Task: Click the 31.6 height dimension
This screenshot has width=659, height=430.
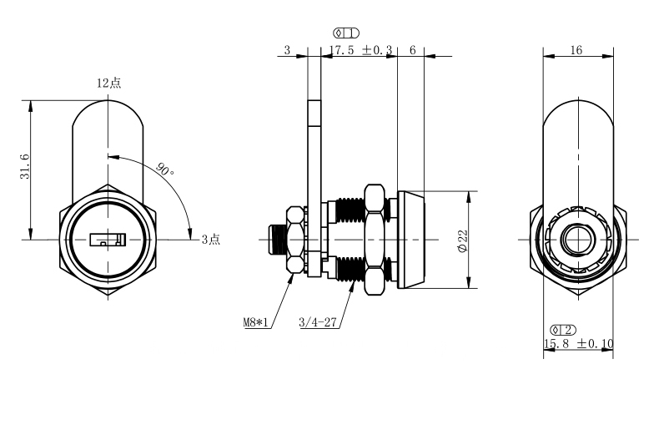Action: click(25, 166)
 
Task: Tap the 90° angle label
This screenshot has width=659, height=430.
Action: click(165, 169)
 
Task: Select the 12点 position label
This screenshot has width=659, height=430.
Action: click(108, 83)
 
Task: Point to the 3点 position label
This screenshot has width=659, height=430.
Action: click(210, 240)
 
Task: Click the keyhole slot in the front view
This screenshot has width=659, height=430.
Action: click(108, 240)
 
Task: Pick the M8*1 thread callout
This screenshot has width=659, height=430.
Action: click(255, 323)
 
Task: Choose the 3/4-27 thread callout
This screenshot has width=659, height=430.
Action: click(318, 322)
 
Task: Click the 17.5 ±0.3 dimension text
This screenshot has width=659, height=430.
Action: click(360, 50)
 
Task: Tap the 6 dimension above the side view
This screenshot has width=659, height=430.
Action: click(412, 50)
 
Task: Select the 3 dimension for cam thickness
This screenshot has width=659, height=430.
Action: click(287, 50)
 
